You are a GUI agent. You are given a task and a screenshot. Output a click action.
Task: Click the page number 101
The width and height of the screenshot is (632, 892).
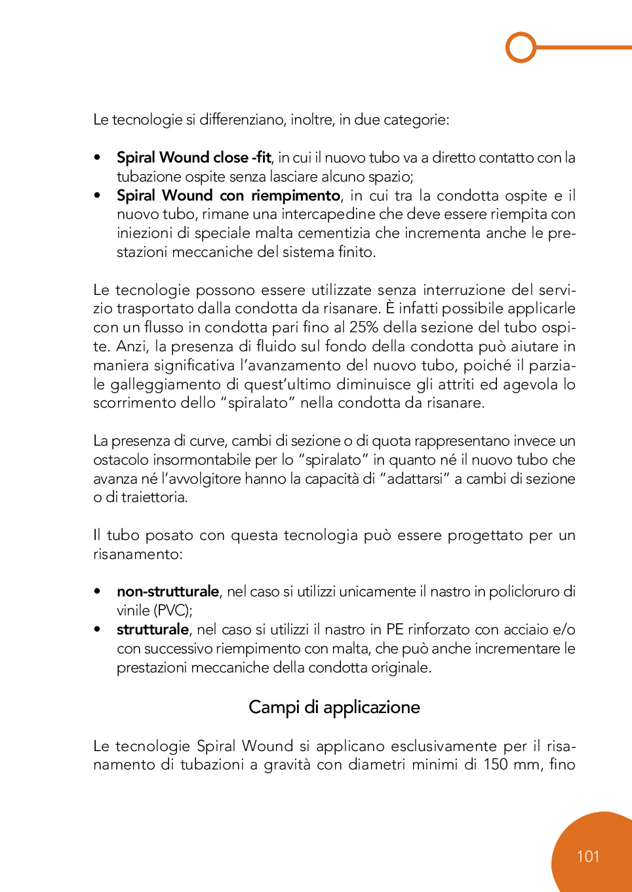point(588,857)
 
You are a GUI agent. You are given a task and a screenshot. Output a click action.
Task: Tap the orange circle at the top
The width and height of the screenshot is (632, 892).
point(521,47)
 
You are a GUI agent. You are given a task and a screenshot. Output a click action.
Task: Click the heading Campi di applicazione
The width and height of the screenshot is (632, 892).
point(334,707)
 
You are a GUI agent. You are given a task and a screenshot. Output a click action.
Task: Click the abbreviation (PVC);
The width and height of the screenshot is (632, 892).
point(173,610)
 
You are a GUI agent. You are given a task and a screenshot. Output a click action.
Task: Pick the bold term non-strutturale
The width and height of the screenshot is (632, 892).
point(168,591)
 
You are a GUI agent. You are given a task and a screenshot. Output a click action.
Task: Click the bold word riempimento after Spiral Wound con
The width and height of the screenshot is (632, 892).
point(296,195)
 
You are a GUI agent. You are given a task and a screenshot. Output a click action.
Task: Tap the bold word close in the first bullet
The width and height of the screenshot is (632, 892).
point(231,157)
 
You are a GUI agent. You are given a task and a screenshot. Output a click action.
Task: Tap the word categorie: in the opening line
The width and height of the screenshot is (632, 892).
point(416,119)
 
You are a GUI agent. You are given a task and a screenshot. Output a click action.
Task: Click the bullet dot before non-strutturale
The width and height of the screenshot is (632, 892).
point(98,591)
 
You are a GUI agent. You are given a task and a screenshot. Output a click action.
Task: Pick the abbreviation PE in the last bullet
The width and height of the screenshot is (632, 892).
point(395,629)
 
